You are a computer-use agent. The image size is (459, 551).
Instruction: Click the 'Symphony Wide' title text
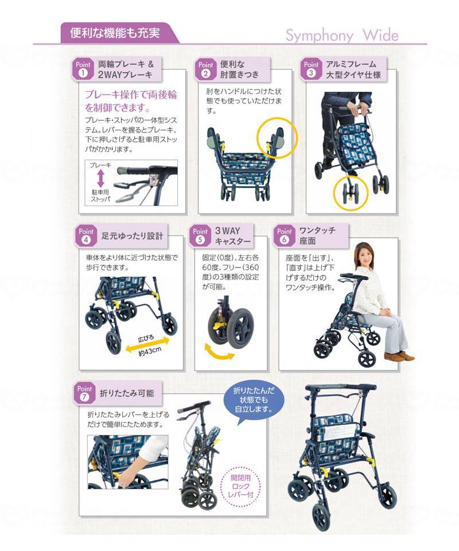coord(342,36)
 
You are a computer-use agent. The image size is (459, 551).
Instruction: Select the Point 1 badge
coord(83,69)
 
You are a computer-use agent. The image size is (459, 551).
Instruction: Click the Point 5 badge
coord(200,236)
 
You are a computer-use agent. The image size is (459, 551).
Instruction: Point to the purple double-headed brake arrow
coord(100,179)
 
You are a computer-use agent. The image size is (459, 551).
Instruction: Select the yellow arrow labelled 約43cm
coord(147,344)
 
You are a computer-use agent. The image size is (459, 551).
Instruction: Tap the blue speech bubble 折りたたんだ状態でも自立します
coord(254,402)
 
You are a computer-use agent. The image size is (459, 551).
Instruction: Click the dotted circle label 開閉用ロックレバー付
coord(240,486)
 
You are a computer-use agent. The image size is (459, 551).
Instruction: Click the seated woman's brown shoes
coord(398,356)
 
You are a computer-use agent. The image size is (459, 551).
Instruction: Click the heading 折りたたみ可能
coord(127,393)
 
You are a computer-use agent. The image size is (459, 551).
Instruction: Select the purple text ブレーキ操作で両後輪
coord(131,95)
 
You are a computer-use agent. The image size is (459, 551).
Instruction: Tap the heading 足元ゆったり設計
coord(132,236)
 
